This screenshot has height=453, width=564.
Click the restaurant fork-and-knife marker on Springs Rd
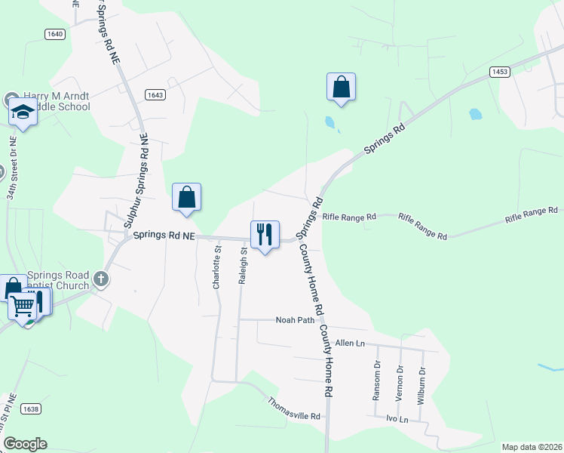[265, 234]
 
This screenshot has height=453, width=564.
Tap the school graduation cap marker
[23, 112]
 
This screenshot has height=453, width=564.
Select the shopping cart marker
[23, 306]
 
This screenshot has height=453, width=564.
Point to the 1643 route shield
[155, 94]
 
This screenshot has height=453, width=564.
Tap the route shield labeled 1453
[498, 72]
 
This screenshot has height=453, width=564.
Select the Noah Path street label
[294, 320]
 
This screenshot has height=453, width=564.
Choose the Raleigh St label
[243, 266]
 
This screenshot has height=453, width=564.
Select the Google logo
[25, 444]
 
